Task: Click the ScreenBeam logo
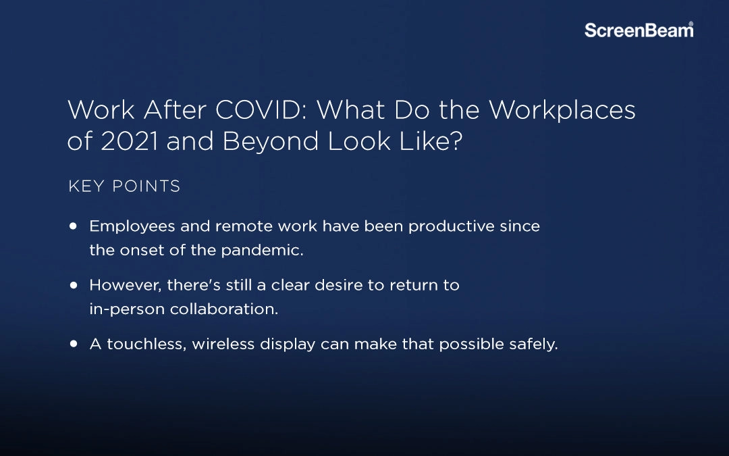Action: pos(638,30)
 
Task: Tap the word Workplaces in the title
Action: pos(562,110)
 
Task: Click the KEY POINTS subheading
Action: pos(124,186)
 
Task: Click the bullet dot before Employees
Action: pos(74,226)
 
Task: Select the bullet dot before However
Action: pos(74,285)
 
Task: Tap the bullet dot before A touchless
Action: pos(74,344)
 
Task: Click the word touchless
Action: pos(146,344)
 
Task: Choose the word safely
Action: pos(533,344)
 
